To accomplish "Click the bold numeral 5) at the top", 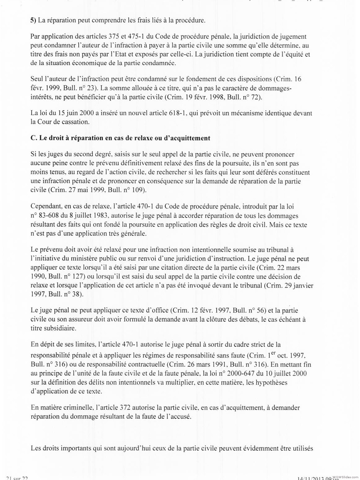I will click(x=33, y=20).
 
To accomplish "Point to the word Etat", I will click(x=108, y=55).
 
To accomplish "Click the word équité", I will click(x=293, y=55).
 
